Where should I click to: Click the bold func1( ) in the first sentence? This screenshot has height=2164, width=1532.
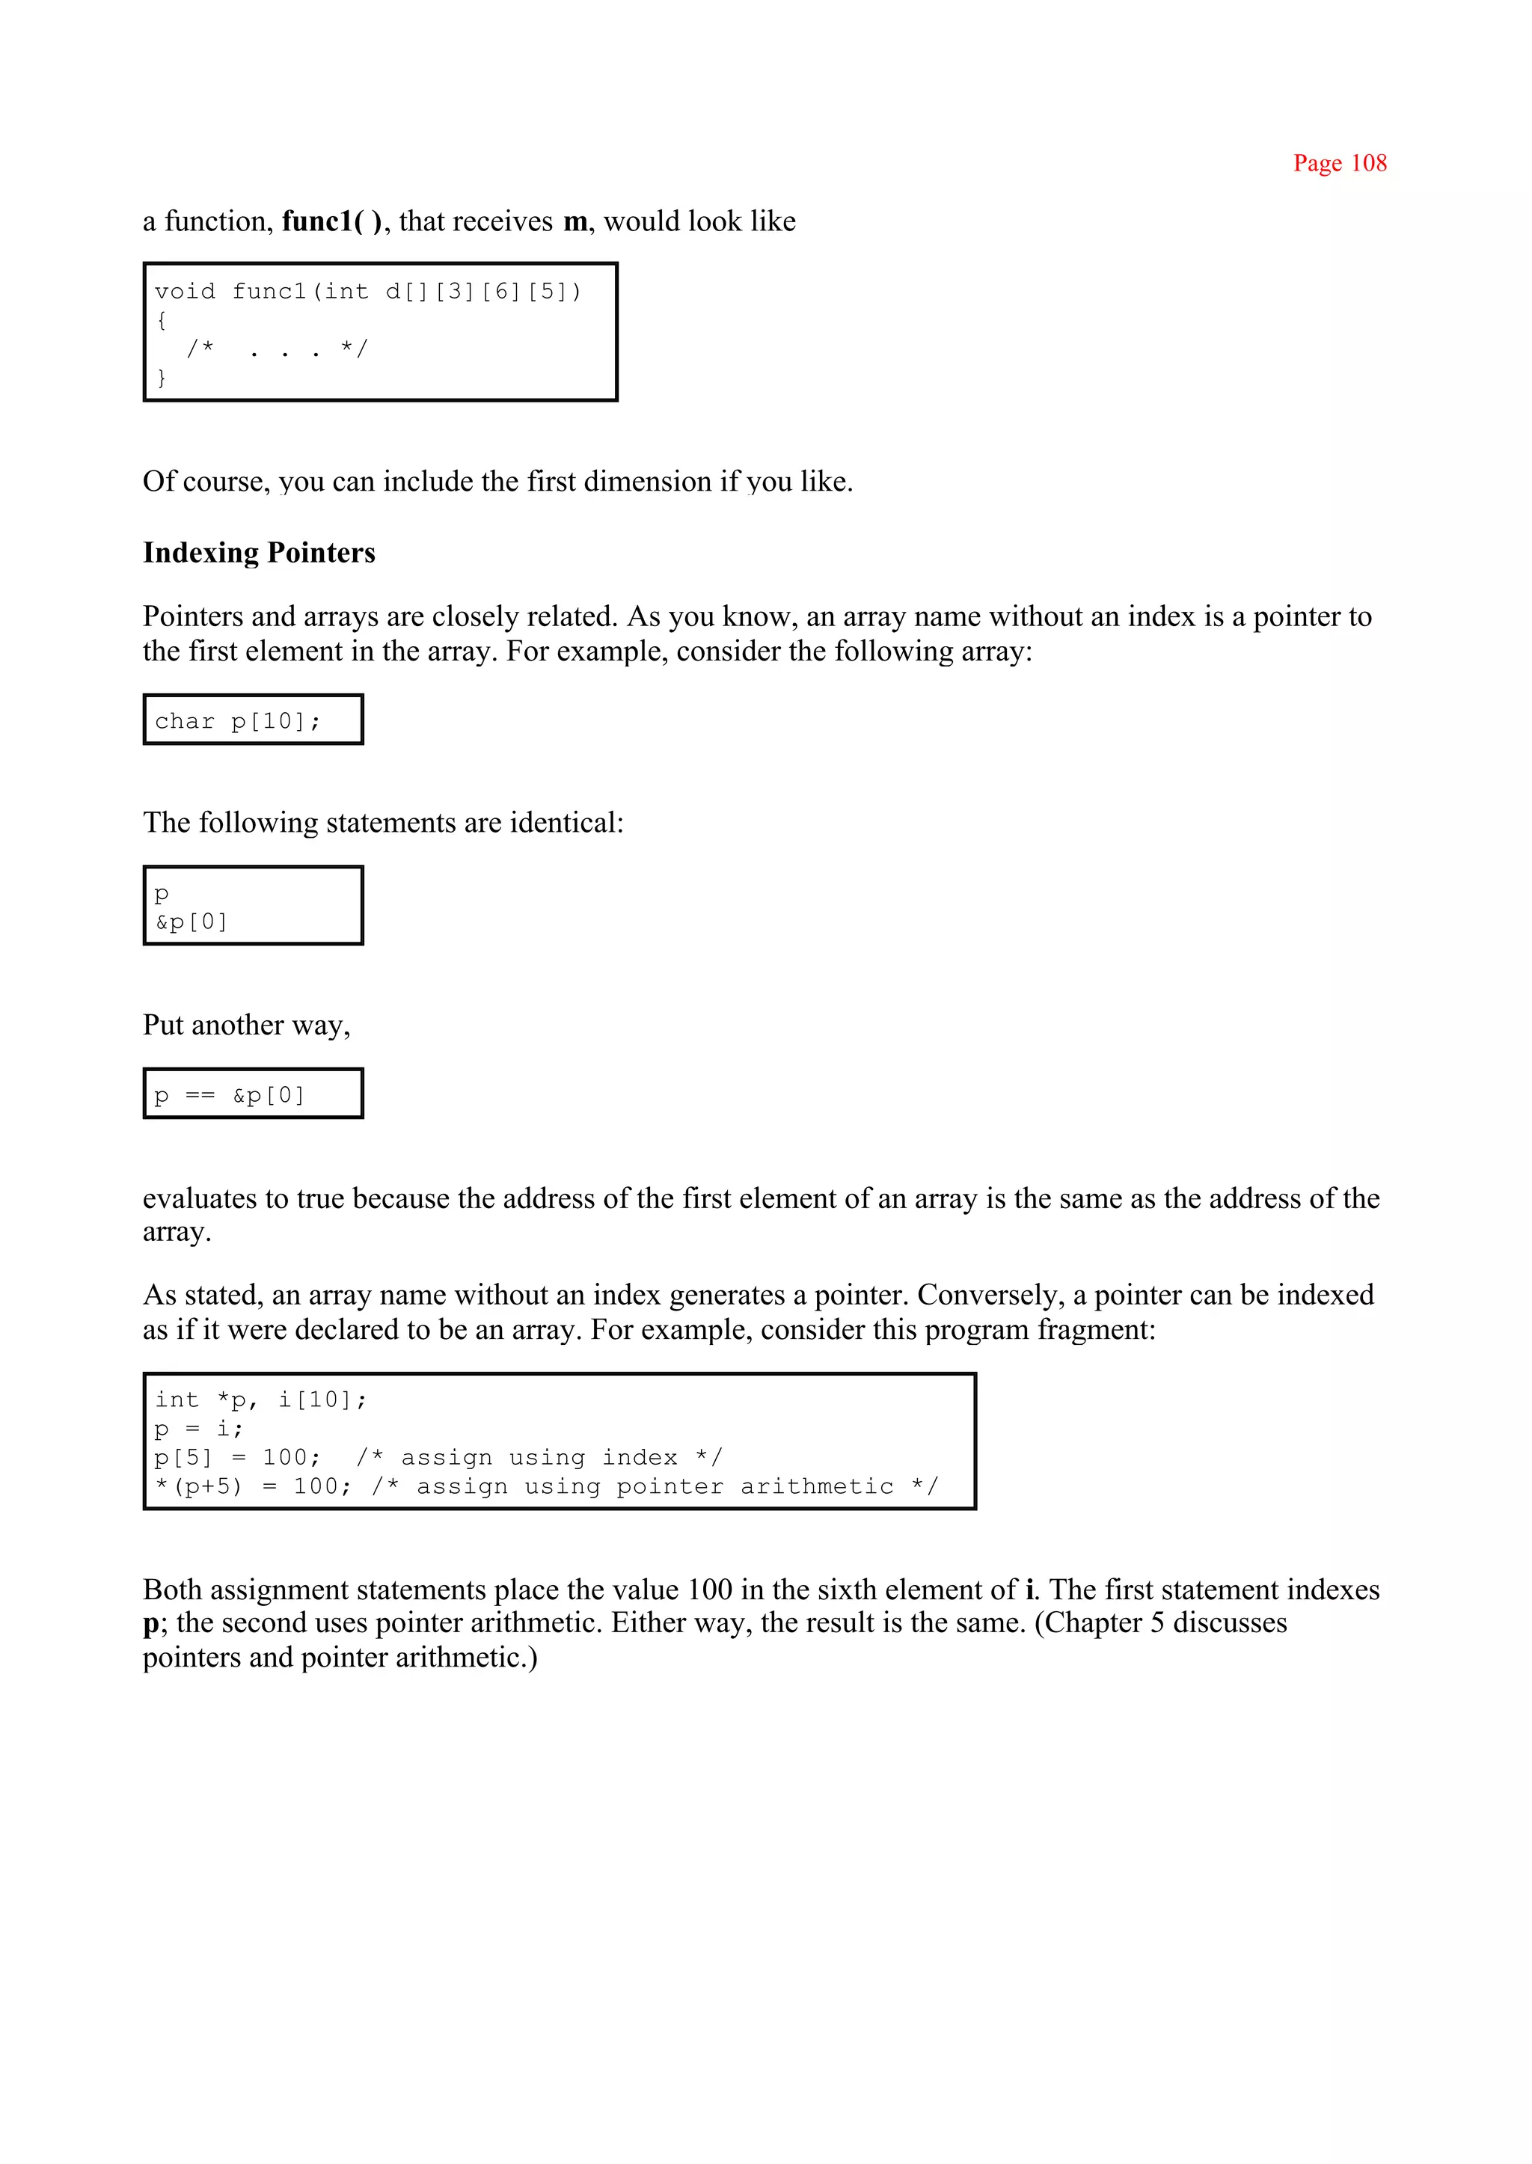pyautogui.click(x=332, y=221)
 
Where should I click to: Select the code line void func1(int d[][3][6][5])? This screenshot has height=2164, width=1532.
pyautogui.click(x=368, y=292)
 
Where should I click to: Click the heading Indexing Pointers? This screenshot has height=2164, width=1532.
pyautogui.click(x=259, y=553)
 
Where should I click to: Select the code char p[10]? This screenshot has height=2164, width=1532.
pyautogui.click(x=238, y=722)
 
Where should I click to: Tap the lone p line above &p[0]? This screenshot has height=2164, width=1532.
pyautogui.click(x=162, y=892)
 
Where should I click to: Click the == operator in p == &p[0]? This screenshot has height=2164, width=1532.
pyautogui.click(x=200, y=1096)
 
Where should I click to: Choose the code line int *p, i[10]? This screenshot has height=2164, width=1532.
pyautogui.click(x=260, y=1400)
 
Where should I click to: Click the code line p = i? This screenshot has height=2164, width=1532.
pyautogui.click(x=198, y=1429)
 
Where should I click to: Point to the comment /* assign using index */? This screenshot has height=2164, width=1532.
pyautogui.click(x=539, y=1459)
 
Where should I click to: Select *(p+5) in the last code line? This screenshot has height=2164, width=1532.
pyautogui.click(x=198, y=1488)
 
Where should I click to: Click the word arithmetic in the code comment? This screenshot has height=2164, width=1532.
pyautogui.click(x=816, y=1488)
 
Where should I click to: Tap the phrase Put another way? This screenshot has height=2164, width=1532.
pyautogui.click(x=246, y=1026)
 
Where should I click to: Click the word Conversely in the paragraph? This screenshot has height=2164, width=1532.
pyautogui.click(x=987, y=1296)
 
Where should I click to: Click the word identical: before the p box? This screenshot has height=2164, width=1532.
pyautogui.click(x=566, y=824)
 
